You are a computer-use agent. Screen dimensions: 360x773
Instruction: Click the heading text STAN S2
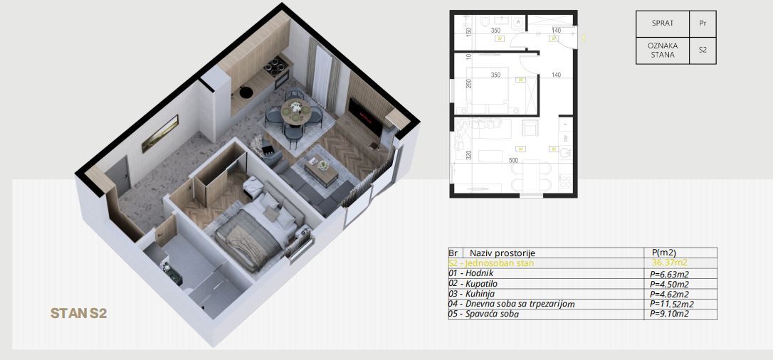pos(78,313)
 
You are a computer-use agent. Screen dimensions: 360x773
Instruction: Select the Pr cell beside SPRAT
pos(703,23)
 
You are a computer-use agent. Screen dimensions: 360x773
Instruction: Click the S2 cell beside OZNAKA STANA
pos(703,51)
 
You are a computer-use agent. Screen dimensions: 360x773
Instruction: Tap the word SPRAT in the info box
pos(663,23)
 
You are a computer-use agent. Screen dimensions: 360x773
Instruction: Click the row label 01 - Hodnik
pos(470,273)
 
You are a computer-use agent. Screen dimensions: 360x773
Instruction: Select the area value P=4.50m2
pos(669,284)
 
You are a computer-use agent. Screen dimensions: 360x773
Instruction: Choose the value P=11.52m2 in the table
pos(671,304)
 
